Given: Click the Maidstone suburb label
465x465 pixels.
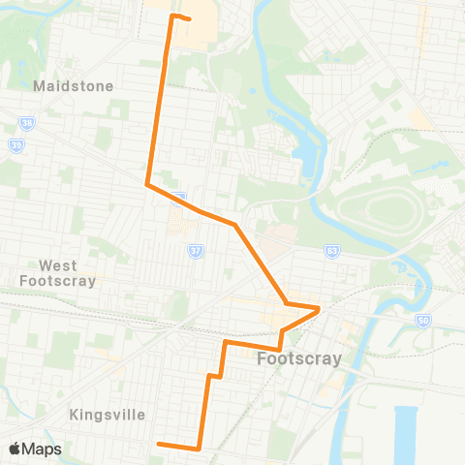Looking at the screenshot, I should (x=74, y=86).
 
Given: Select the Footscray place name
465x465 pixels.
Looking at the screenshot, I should (x=299, y=359).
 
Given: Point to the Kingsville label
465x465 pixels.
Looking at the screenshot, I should (x=108, y=415).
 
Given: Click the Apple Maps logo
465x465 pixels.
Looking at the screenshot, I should (x=34, y=449).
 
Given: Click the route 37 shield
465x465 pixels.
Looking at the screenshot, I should (x=194, y=251).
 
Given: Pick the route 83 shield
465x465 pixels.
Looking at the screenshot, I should (x=332, y=249).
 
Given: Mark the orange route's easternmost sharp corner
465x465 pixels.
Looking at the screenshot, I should (x=320, y=309).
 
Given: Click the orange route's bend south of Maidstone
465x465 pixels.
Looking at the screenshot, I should (x=147, y=184).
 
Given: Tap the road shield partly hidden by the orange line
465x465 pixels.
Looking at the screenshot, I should (x=179, y=199).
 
